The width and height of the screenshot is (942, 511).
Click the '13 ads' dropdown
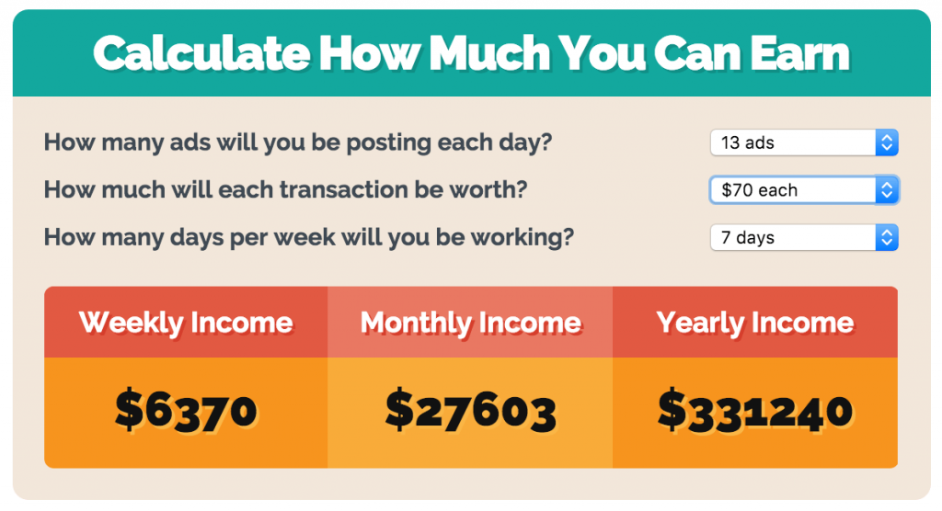791,142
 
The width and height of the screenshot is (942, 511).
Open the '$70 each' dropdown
791,190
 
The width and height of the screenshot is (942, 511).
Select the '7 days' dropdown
791,238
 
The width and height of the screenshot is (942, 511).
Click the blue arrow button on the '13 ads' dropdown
887,142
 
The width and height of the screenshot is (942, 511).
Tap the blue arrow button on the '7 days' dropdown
887,238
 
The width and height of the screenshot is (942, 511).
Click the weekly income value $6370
186,410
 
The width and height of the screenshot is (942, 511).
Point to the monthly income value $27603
470,410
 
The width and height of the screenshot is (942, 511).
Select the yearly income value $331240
755,410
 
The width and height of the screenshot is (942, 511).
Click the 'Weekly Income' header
186,323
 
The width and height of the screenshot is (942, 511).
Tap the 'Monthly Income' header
470,323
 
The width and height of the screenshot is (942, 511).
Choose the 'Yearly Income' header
755,323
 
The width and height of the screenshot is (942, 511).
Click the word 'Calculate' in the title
199,54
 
